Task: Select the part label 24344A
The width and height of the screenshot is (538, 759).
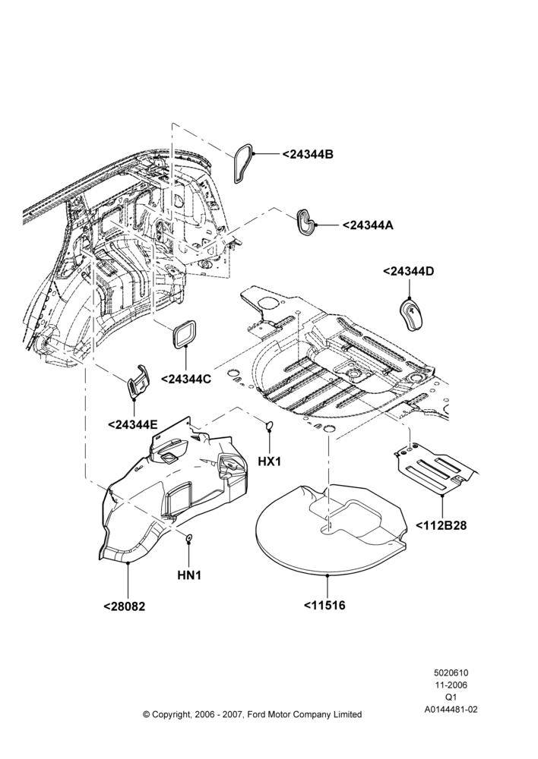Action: point(368,225)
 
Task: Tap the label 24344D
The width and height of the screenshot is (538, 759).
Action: point(408,271)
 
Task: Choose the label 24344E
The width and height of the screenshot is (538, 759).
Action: point(132,424)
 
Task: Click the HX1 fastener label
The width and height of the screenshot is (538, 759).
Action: point(270,461)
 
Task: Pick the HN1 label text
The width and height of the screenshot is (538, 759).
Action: point(189,575)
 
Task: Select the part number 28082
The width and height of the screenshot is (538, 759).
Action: point(124,606)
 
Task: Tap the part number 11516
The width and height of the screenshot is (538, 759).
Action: point(324,605)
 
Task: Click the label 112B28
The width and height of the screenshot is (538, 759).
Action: point(441,524)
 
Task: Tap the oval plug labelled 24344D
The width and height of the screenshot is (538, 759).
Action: point(412,314)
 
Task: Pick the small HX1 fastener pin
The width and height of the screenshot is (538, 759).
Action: point(269,426)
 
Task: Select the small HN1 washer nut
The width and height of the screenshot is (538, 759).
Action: point(189,537)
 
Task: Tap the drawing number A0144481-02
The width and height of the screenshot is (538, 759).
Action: point(451,710)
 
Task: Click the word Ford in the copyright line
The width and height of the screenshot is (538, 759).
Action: point(258,714)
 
